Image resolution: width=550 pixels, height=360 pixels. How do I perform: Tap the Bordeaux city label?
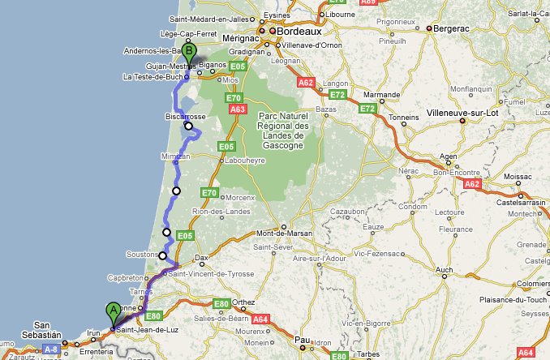pos(300,32)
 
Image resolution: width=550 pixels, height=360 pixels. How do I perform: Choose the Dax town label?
pos(202,258)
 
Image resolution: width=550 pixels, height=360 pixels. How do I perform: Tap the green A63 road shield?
pos(238,107)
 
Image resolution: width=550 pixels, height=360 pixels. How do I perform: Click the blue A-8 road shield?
pos(51,349)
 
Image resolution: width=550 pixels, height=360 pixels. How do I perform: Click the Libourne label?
pos(342,15)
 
